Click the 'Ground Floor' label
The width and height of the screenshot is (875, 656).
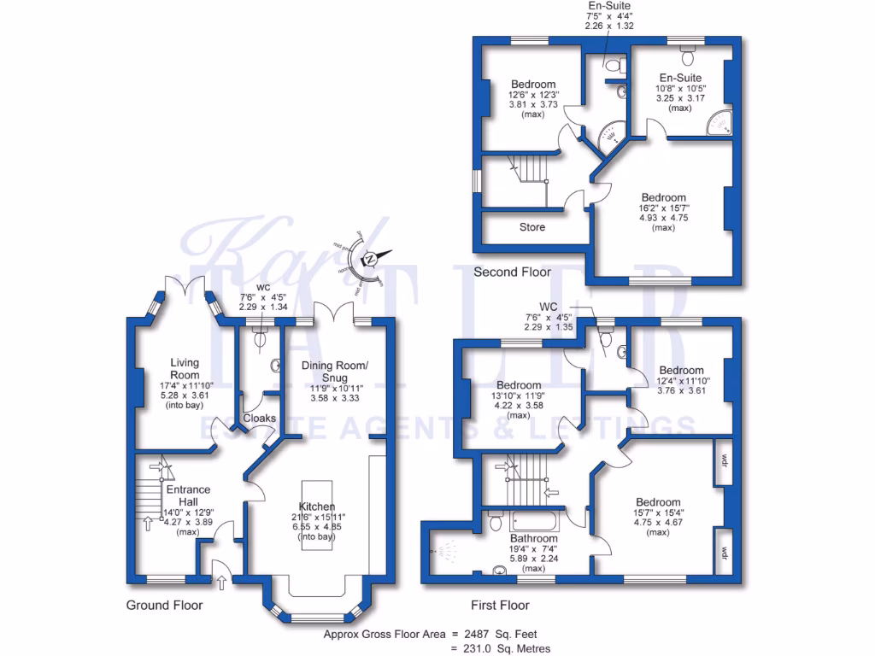[163, 606]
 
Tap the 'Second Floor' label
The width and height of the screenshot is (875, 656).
[512, 272]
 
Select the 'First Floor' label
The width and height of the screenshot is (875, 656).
[501, 606]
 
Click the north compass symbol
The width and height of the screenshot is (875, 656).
[372, 258]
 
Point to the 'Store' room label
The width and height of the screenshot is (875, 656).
[532, 227]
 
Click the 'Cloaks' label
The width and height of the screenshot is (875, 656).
[260, 419]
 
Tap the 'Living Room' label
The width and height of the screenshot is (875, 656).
[184, 369]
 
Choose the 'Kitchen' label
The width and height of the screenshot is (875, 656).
[316, 506]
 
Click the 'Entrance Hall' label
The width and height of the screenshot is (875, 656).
[188, 495]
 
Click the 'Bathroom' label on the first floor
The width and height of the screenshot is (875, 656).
[534, 539]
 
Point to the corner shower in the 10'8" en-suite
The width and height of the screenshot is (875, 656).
[719, 126]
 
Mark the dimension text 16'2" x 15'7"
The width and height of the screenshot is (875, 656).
[657, 208]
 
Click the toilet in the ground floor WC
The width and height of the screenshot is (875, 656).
[261, 339]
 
